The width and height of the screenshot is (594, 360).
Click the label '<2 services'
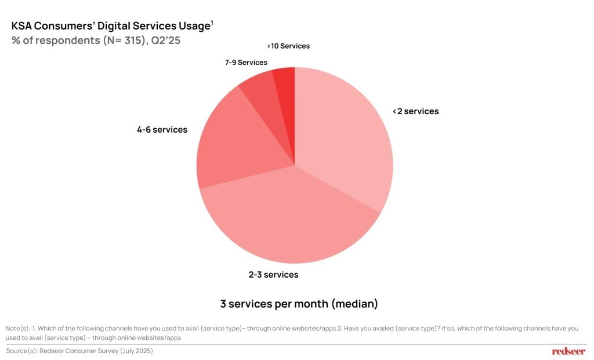point(415,111)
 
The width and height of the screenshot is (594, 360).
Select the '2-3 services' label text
point(273,274)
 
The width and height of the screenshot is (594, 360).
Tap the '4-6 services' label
point(162,130)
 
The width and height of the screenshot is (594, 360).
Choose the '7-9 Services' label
point(246,63)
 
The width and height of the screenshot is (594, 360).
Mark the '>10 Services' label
point(288,46)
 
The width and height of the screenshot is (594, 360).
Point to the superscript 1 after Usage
point(212,23)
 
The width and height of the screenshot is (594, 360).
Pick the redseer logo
point(568,351)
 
